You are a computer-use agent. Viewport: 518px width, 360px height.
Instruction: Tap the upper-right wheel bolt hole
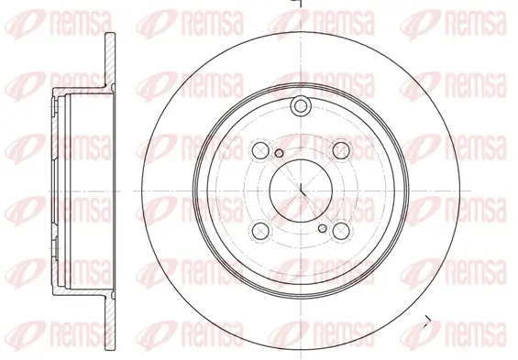point(342,149)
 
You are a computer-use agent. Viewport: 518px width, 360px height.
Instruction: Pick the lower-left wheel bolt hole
point(260,231)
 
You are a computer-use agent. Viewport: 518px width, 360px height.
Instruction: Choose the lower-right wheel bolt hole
point(342,231)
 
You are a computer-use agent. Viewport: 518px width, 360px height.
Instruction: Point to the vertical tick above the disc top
point(298,5)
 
